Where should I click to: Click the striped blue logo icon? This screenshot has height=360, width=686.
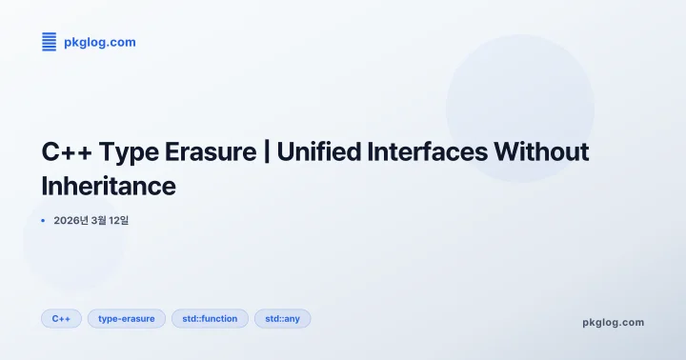pos(50,41)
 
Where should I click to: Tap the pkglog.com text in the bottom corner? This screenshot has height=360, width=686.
pos(613,322)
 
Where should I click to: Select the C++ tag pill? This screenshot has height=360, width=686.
pos(61,318)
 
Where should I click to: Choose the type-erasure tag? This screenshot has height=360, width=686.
pos(127,318)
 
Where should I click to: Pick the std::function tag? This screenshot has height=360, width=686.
pos(211,318)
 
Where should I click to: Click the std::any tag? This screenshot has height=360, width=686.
pos(282,318)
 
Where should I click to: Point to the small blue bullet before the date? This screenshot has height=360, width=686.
pos(43,220)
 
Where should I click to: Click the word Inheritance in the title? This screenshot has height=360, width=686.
pos(109,186)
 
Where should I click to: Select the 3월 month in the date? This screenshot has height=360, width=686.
pos(96,220)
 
